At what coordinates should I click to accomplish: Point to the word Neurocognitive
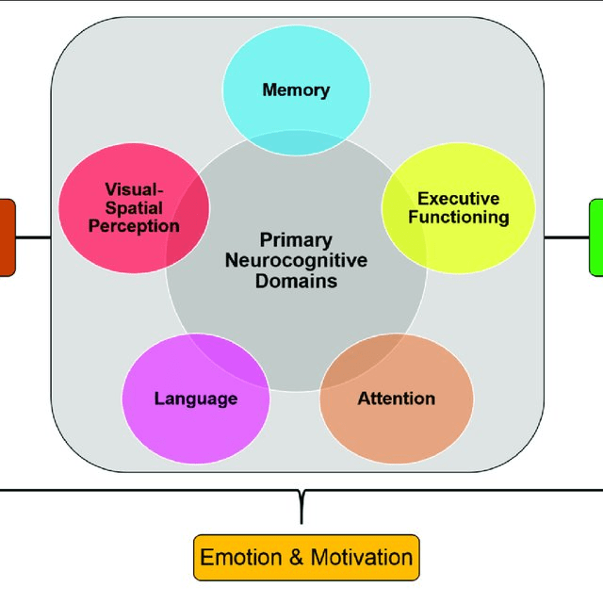[297, 260]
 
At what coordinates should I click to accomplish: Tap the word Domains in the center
[297, 281]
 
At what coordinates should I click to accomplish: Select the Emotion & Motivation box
[306, 557]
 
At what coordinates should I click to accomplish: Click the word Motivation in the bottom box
[362, 557]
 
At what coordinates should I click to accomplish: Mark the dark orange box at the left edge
[6, 237]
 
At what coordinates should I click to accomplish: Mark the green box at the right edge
[596, 237]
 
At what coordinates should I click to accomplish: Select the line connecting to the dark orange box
[33, 237]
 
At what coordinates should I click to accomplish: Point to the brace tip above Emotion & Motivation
[301, 518]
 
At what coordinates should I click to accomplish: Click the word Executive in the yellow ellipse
[459, 199]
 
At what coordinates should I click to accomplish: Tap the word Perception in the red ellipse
[141, 226]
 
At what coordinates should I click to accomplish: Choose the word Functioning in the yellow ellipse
[459, 218]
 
